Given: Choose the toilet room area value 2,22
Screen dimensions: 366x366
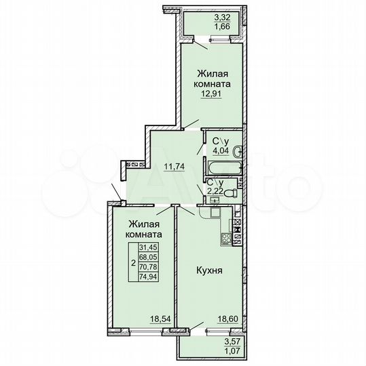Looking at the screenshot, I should (x=215, y=192).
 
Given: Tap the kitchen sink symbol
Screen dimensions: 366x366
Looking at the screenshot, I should (x=214, y=213).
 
